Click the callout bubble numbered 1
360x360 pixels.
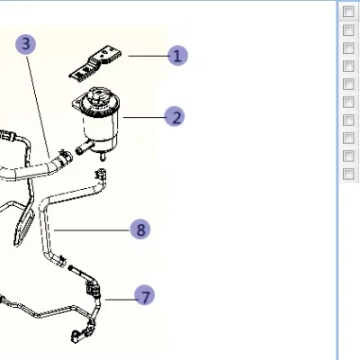(177, 56)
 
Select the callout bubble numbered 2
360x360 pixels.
(175, 117)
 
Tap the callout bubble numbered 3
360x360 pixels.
(26, 44)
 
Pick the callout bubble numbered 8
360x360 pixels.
(140, 229)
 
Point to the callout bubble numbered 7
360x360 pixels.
(145, 295)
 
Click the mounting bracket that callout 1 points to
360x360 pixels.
(96, 64)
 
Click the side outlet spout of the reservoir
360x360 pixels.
(85, 147)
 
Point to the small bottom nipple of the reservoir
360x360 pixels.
(103, 156)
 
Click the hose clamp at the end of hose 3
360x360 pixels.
(65, 157)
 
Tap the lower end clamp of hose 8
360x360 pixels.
(61, 260)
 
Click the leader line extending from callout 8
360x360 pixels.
(92, 230)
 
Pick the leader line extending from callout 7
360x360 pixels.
(120, 299)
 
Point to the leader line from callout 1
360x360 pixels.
(148, 56)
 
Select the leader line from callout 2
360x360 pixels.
(144, 117)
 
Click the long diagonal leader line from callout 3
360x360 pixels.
(39, 106)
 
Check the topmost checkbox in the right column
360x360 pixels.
(348, 12)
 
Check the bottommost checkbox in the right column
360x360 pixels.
(348, 174)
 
